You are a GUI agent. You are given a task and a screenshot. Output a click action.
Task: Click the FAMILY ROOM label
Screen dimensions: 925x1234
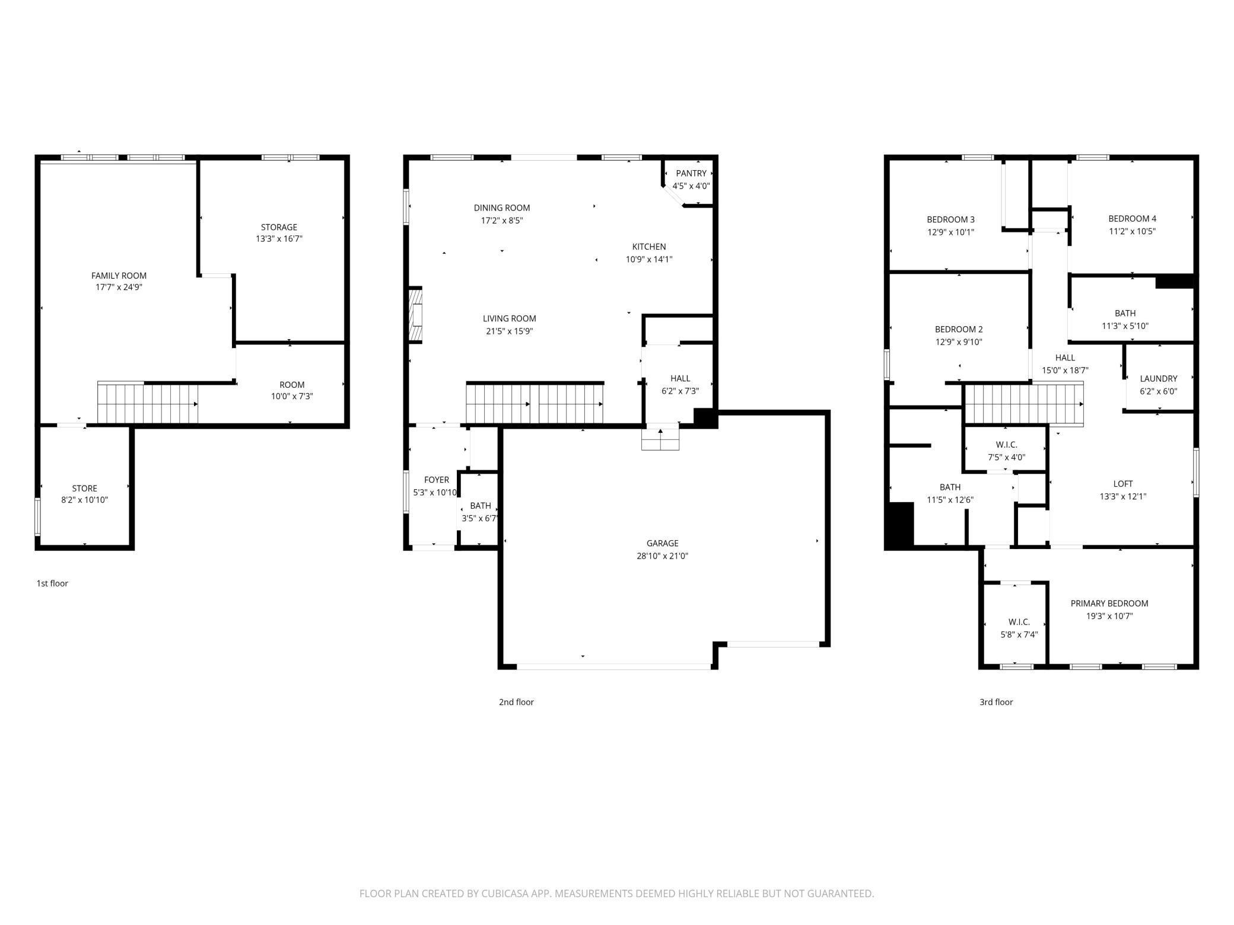point(119,275)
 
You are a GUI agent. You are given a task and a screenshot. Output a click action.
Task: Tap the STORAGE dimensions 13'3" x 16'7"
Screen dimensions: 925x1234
point(279,239)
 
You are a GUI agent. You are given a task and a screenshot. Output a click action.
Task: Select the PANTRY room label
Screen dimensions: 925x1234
point(691,173)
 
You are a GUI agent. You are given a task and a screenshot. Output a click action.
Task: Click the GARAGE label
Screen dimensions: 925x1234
point(662,543)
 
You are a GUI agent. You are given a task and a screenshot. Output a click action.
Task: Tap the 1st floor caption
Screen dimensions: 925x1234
point(52,583)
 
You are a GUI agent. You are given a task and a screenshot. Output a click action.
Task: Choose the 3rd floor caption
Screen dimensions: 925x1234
point(996,702)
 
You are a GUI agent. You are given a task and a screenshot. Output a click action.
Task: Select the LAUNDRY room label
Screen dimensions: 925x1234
point(1158,378)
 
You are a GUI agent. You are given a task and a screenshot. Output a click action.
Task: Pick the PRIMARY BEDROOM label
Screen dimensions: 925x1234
point(1109,604)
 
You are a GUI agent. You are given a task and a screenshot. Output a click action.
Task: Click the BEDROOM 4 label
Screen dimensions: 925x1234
point(1132,218)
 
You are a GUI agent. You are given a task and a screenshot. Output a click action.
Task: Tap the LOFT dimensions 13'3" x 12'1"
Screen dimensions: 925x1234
point(1122,497)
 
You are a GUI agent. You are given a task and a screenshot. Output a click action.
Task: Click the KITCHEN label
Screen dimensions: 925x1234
point(649,247)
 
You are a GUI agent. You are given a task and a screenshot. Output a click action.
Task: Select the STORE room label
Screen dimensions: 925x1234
point(84,489)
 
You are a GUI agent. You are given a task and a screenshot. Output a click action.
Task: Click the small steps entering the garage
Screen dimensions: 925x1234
point(660,439)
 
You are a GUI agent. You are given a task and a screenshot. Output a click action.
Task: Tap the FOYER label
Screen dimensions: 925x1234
point(437,480)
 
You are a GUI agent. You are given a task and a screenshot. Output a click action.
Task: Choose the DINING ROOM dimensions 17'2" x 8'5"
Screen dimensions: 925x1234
point(502,221)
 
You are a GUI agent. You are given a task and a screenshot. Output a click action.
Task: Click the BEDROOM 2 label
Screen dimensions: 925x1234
point(959,329)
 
